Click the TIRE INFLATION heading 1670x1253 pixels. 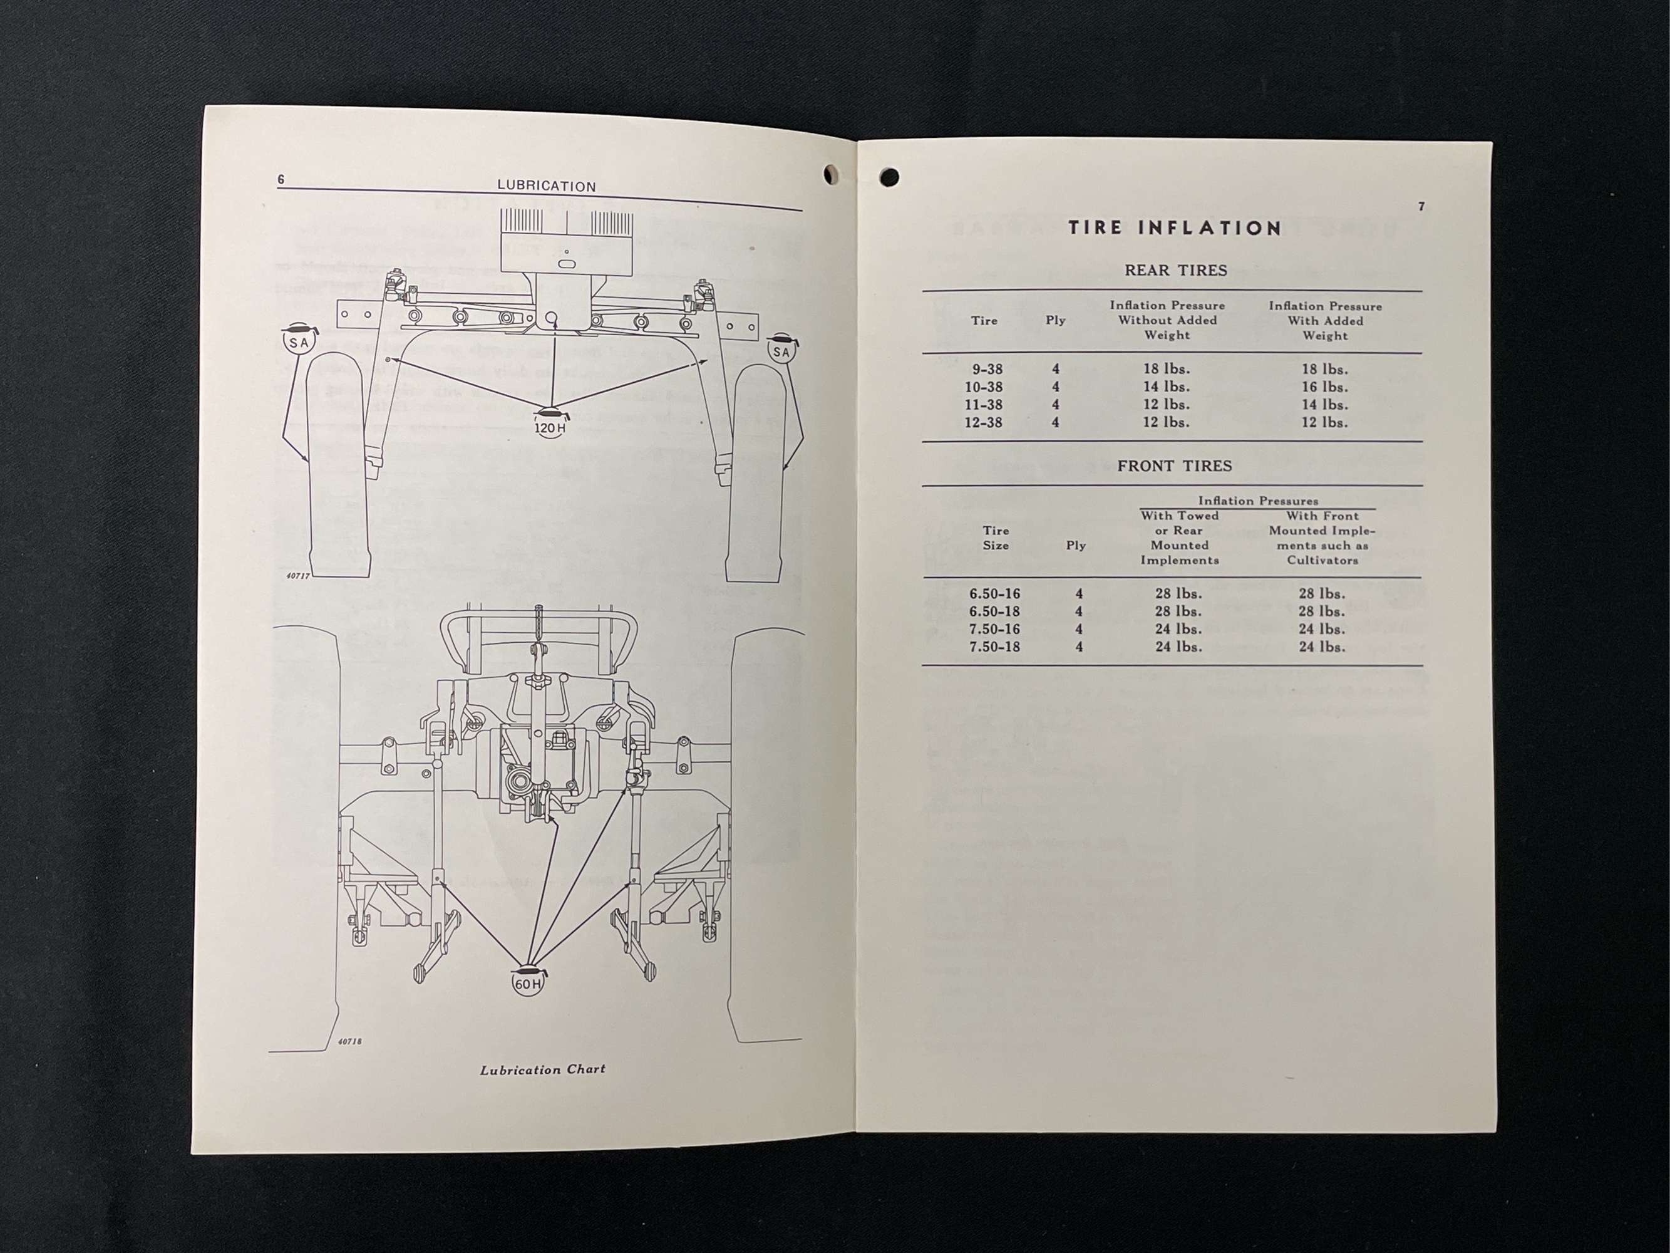(1175, 228)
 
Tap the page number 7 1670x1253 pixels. (1421, 207)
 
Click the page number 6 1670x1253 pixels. (281, 179)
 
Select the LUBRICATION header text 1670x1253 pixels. (547, 186)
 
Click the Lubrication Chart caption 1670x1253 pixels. (542, 1069)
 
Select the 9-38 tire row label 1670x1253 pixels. (987, 370)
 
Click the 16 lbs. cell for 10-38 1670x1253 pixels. (1324, 387)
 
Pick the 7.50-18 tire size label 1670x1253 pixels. (994, 647)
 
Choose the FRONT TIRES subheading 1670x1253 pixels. (1174, 466)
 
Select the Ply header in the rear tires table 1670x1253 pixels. (1056, 320)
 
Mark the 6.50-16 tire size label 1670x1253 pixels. (994, 594)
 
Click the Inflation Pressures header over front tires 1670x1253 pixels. (1258, 501)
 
